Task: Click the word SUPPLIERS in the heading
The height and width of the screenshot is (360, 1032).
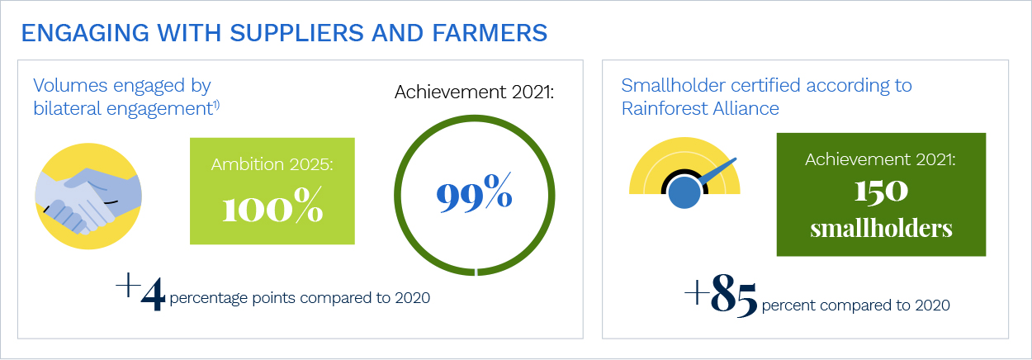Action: [x=297, y=33]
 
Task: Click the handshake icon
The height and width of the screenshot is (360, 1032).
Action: [x=88, y=197]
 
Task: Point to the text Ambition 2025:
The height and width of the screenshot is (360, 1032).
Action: [x=272, y=164]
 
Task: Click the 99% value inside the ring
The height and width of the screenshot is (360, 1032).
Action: [x=474, y=192]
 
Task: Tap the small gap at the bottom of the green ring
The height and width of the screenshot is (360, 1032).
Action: [x=476, y=272]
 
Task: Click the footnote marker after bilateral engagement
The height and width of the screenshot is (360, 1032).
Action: [x=216, y=105]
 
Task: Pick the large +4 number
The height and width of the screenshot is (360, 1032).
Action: [x=140, y=291]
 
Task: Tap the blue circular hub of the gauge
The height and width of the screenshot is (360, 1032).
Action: [x=684, y=192]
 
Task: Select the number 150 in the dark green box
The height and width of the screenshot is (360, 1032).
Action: [x=881, y=192]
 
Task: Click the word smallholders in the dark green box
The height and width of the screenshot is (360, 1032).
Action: [x=881, y=229]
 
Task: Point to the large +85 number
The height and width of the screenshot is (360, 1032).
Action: [x=721, y=296]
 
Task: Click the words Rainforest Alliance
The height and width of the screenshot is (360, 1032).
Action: [x=700, y=109]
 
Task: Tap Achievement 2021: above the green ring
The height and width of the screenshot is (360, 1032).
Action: [x=474, y=92]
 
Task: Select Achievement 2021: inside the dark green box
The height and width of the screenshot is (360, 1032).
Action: [x=880, y=159]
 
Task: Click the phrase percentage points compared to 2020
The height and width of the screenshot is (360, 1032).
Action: [x=300, y=298]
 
